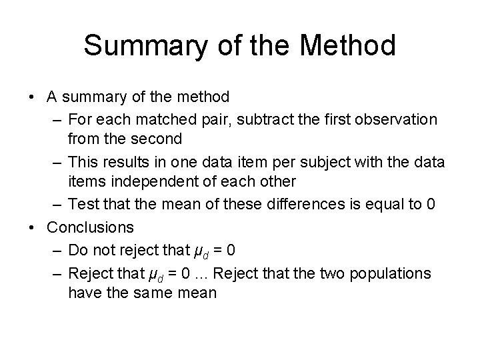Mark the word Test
[83, 204]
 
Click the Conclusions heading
[90, 227]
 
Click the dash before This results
[55, 161]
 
